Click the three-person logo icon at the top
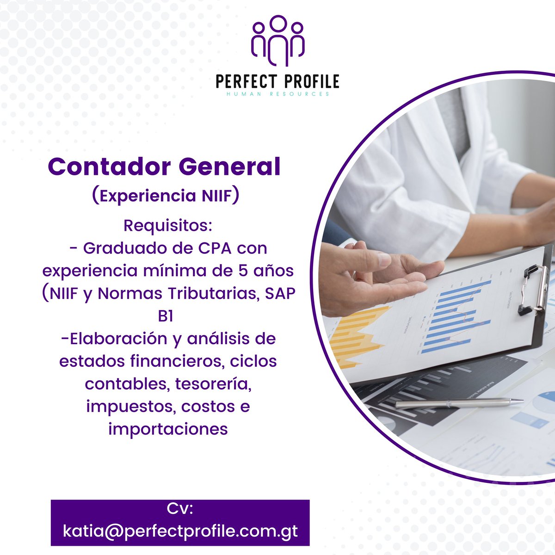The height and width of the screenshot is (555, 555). (277, 41)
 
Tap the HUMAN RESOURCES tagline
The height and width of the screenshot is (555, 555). (277, 94)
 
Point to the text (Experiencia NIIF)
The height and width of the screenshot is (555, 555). (166, 196)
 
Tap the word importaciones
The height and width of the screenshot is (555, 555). (168, 429)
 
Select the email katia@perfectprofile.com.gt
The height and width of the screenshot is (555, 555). (180, 530)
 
